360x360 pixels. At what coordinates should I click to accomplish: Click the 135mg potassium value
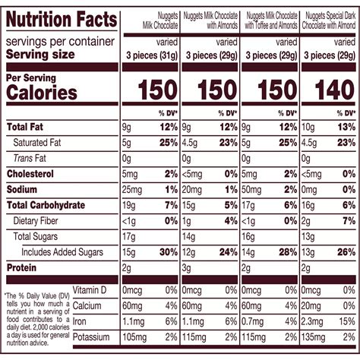[x=317, y=336]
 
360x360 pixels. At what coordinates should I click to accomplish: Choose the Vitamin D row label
[x=80, y=291]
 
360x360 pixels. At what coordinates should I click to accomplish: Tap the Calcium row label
[x=79, y=306]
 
